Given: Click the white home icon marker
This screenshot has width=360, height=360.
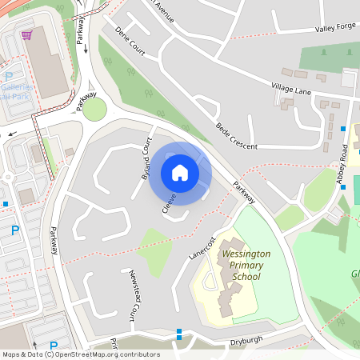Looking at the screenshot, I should (x=180, y=173).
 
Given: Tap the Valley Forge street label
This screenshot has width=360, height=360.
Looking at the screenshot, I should (x=335, y=28).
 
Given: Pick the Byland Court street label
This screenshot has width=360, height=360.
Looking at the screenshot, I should (x=146, y=157).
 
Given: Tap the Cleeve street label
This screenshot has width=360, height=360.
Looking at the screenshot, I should (x=169, y=202).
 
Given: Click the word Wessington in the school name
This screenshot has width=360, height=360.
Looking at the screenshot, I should (x=246, y=254).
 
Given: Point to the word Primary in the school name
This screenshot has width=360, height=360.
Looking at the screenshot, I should (x=246, y=265).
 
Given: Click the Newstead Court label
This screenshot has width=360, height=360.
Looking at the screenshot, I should (x=134, y=294).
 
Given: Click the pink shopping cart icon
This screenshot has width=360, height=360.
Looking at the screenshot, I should (x=27, y=35).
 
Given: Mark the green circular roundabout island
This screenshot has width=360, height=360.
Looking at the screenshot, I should (x=94, y=110).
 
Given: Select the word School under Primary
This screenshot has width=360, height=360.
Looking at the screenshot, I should (x=246, y=277).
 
